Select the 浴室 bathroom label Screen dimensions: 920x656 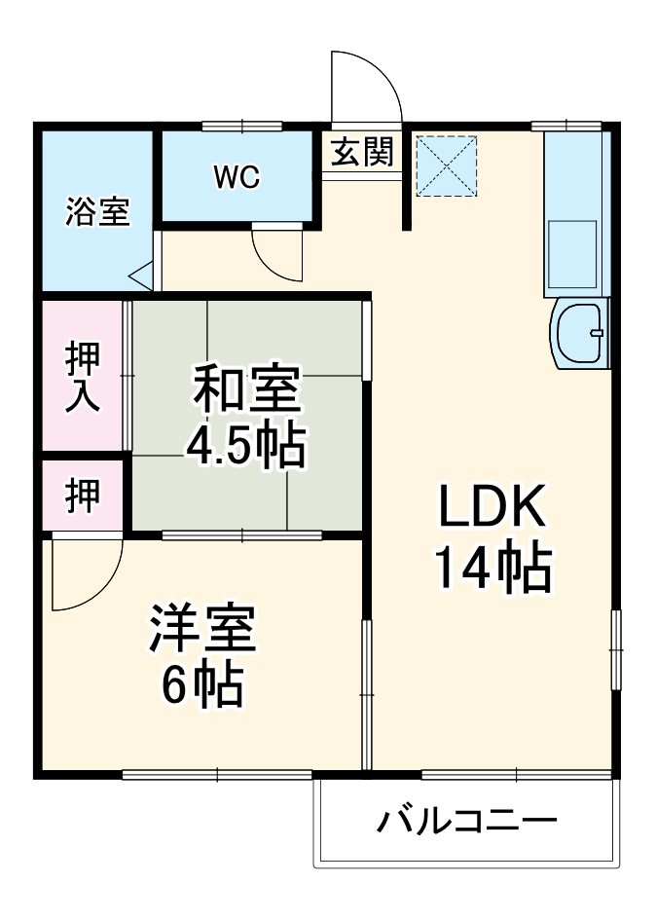(x=97, y=211)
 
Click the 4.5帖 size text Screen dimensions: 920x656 (x=246, y=446)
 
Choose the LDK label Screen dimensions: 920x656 (x=491, y=508)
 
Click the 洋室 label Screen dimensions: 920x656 (x=202, y=630)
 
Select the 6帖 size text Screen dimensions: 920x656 (x=202, y=686)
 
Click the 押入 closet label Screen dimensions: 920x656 (x=83, y=378)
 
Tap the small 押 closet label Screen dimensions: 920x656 (x=83, y=496)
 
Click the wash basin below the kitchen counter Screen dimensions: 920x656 (x=578, y=334)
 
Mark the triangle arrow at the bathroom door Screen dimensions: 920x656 (x=142, y=276)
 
